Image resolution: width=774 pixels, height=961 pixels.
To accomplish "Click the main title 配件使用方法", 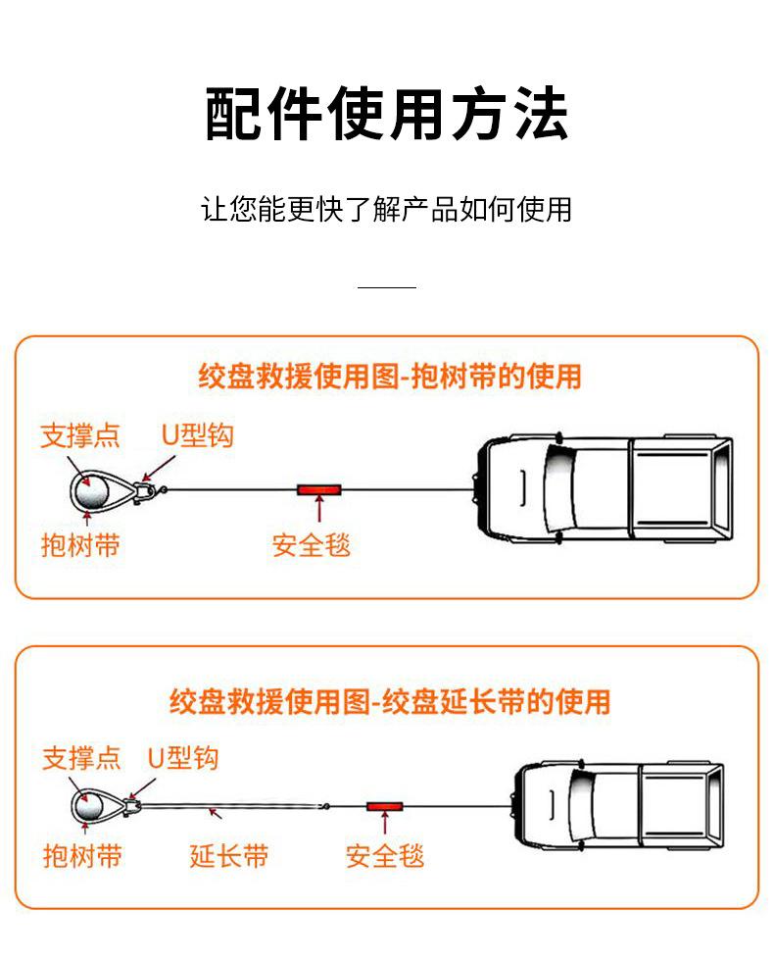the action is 386,115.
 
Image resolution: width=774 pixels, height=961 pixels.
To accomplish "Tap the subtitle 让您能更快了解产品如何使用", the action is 386,209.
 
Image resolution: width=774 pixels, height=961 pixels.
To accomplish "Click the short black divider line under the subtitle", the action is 386,287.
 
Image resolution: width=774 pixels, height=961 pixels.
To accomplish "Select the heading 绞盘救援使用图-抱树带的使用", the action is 389,376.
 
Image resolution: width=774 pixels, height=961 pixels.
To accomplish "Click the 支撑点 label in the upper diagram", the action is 79,435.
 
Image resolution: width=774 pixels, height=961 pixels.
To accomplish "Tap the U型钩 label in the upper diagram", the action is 197,435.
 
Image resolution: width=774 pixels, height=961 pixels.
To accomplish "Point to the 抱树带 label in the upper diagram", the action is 79,544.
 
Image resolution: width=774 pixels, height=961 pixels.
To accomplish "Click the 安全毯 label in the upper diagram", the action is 311,544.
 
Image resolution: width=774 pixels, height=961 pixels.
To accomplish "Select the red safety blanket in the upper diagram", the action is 318,487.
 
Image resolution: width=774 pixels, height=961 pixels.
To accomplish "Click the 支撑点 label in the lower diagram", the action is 81,758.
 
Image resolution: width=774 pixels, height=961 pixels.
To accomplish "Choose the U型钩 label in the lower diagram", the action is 182,758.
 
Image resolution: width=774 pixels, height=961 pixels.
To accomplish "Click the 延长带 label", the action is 228,856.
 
